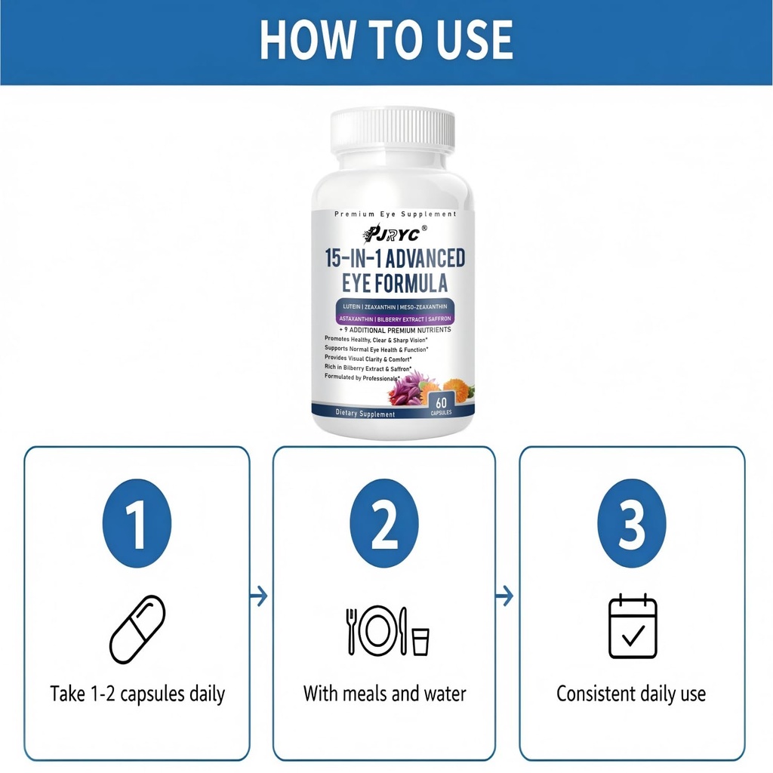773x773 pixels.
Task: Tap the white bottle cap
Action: point(393,130)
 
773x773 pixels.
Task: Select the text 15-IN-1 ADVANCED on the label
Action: point(395,259)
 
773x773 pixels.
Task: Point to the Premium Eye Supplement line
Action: point(395,214)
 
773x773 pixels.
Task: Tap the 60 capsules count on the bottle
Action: point(440,405)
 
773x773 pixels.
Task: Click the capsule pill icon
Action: point(137,629)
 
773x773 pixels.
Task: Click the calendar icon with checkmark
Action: point(633,627)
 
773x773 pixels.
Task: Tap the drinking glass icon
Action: point(420,641)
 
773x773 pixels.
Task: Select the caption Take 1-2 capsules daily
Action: point(137,693)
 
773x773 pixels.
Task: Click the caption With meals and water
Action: point(384,693)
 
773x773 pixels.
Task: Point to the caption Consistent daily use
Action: point(631,693)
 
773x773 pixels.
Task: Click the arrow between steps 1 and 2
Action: point(259,596)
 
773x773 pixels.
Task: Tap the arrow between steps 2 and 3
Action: point(505,596)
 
